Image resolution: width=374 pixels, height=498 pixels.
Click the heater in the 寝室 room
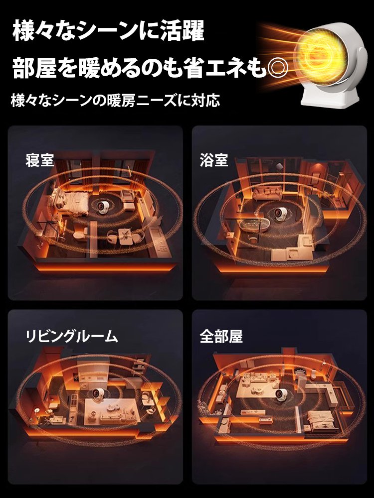pos(105,210)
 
